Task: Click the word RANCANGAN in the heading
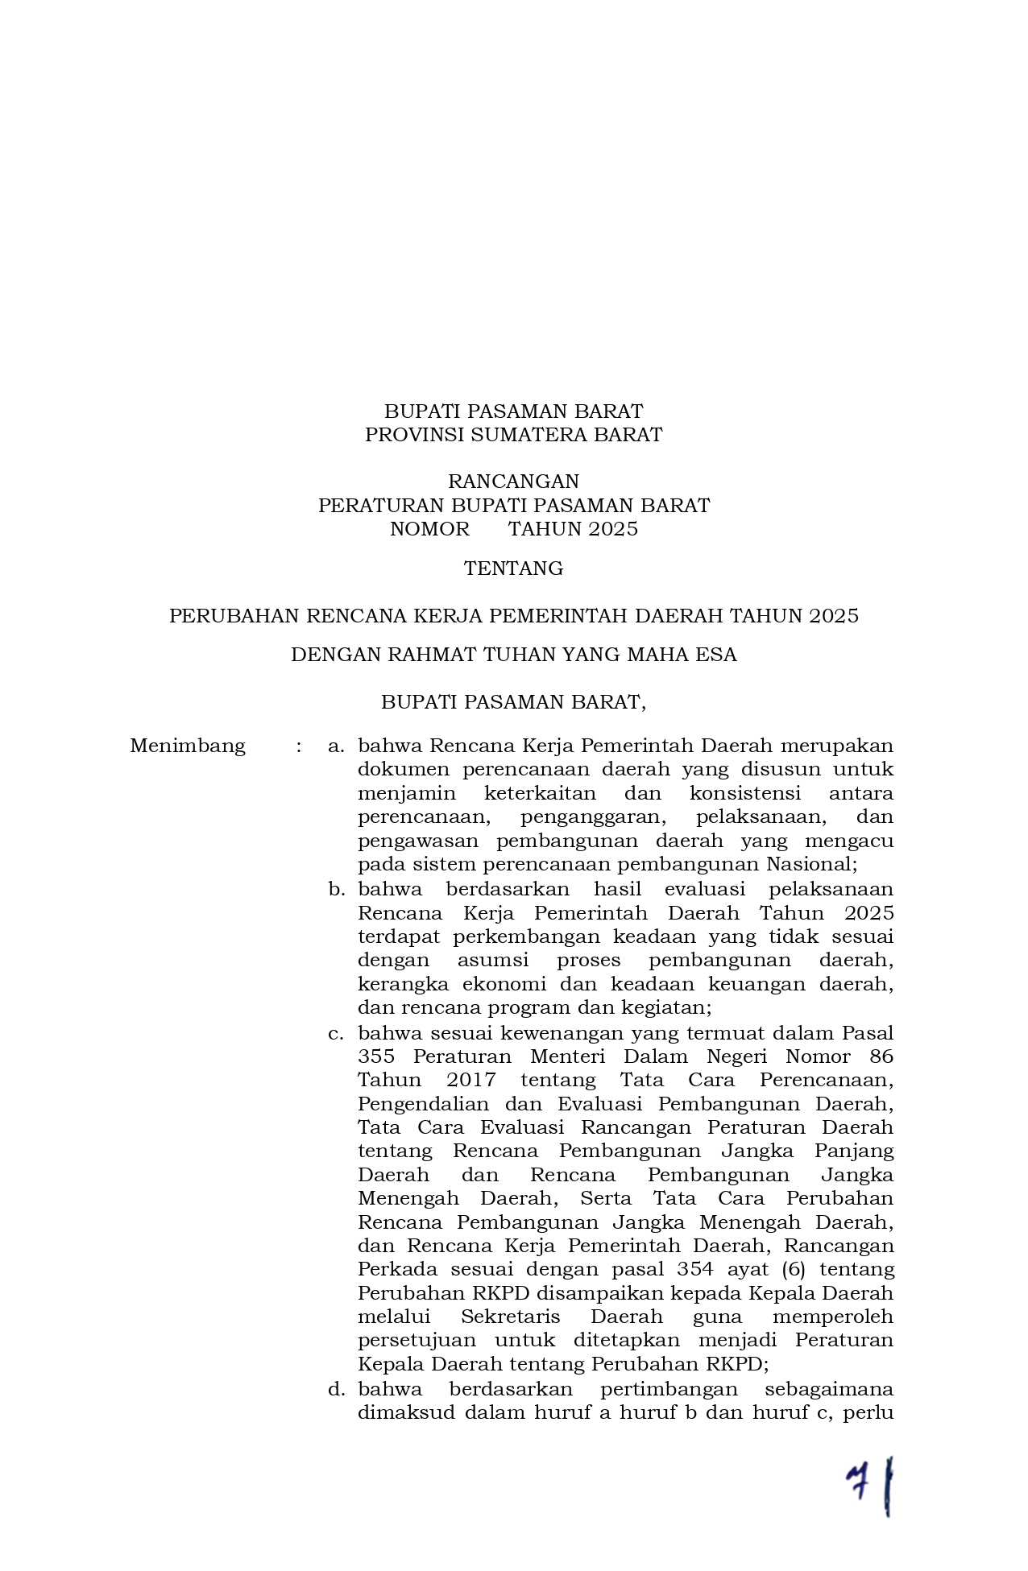pyautogui.click(x=513, y=482)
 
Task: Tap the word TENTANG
pyautogui.click(x=513, y=568)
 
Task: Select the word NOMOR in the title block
pyautogui.click(x=429, y=529)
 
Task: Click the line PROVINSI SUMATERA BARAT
pyautogui.click(x=513, y=435)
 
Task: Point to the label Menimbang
pyautogui.click(x=188, y=746)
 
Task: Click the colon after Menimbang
pyautogui.click(x=299, y=746)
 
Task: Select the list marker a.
pyautogui.click(x=336, y=746)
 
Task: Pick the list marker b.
pyautogui.click(x=336, y=890)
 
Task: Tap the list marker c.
pyautogui.click(x=336, y=1033)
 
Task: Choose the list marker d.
pyautogui.click(x=336, y=1389)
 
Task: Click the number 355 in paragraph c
pyautogui.click(x=376, y=1056)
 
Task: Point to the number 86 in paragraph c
pyautogui.click(x=881, y=1056)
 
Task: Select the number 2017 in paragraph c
pyautogui.click(x=471, y=1080)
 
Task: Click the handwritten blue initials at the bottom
pyautogui.click(x=870, y=1484)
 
